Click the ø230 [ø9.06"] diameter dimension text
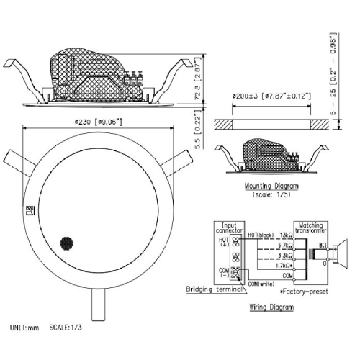point(98,122)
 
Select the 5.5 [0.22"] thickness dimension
point(197,130)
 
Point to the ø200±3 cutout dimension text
point(271,96)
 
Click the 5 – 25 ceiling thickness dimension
point(333,74)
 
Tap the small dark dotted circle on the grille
point(66,244)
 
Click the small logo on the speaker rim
point(30,210)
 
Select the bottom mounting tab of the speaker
point(99,305)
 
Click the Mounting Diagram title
point(271,186)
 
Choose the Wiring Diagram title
point(271,307)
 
